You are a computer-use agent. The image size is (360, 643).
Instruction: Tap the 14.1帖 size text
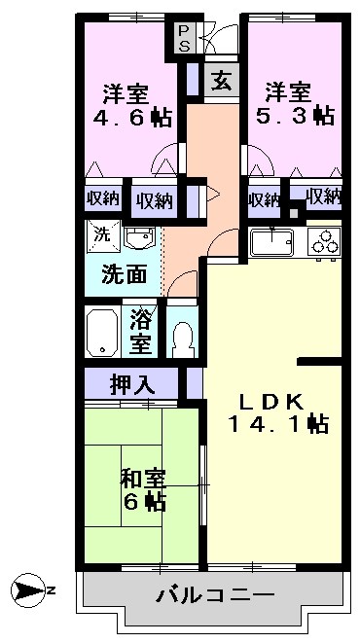277,424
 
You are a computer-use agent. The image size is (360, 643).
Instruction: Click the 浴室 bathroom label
142,332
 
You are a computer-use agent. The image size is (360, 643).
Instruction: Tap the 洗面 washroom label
126,274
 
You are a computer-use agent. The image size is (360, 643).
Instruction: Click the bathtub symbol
102,333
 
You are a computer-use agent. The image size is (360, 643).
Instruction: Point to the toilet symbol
182,338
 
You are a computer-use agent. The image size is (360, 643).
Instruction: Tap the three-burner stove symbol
325,240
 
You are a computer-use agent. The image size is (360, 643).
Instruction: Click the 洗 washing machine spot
101,233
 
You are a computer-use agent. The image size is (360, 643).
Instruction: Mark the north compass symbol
29,590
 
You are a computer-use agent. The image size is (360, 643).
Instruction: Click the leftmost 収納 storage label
102,198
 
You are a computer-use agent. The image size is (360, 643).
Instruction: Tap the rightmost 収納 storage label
324,196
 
